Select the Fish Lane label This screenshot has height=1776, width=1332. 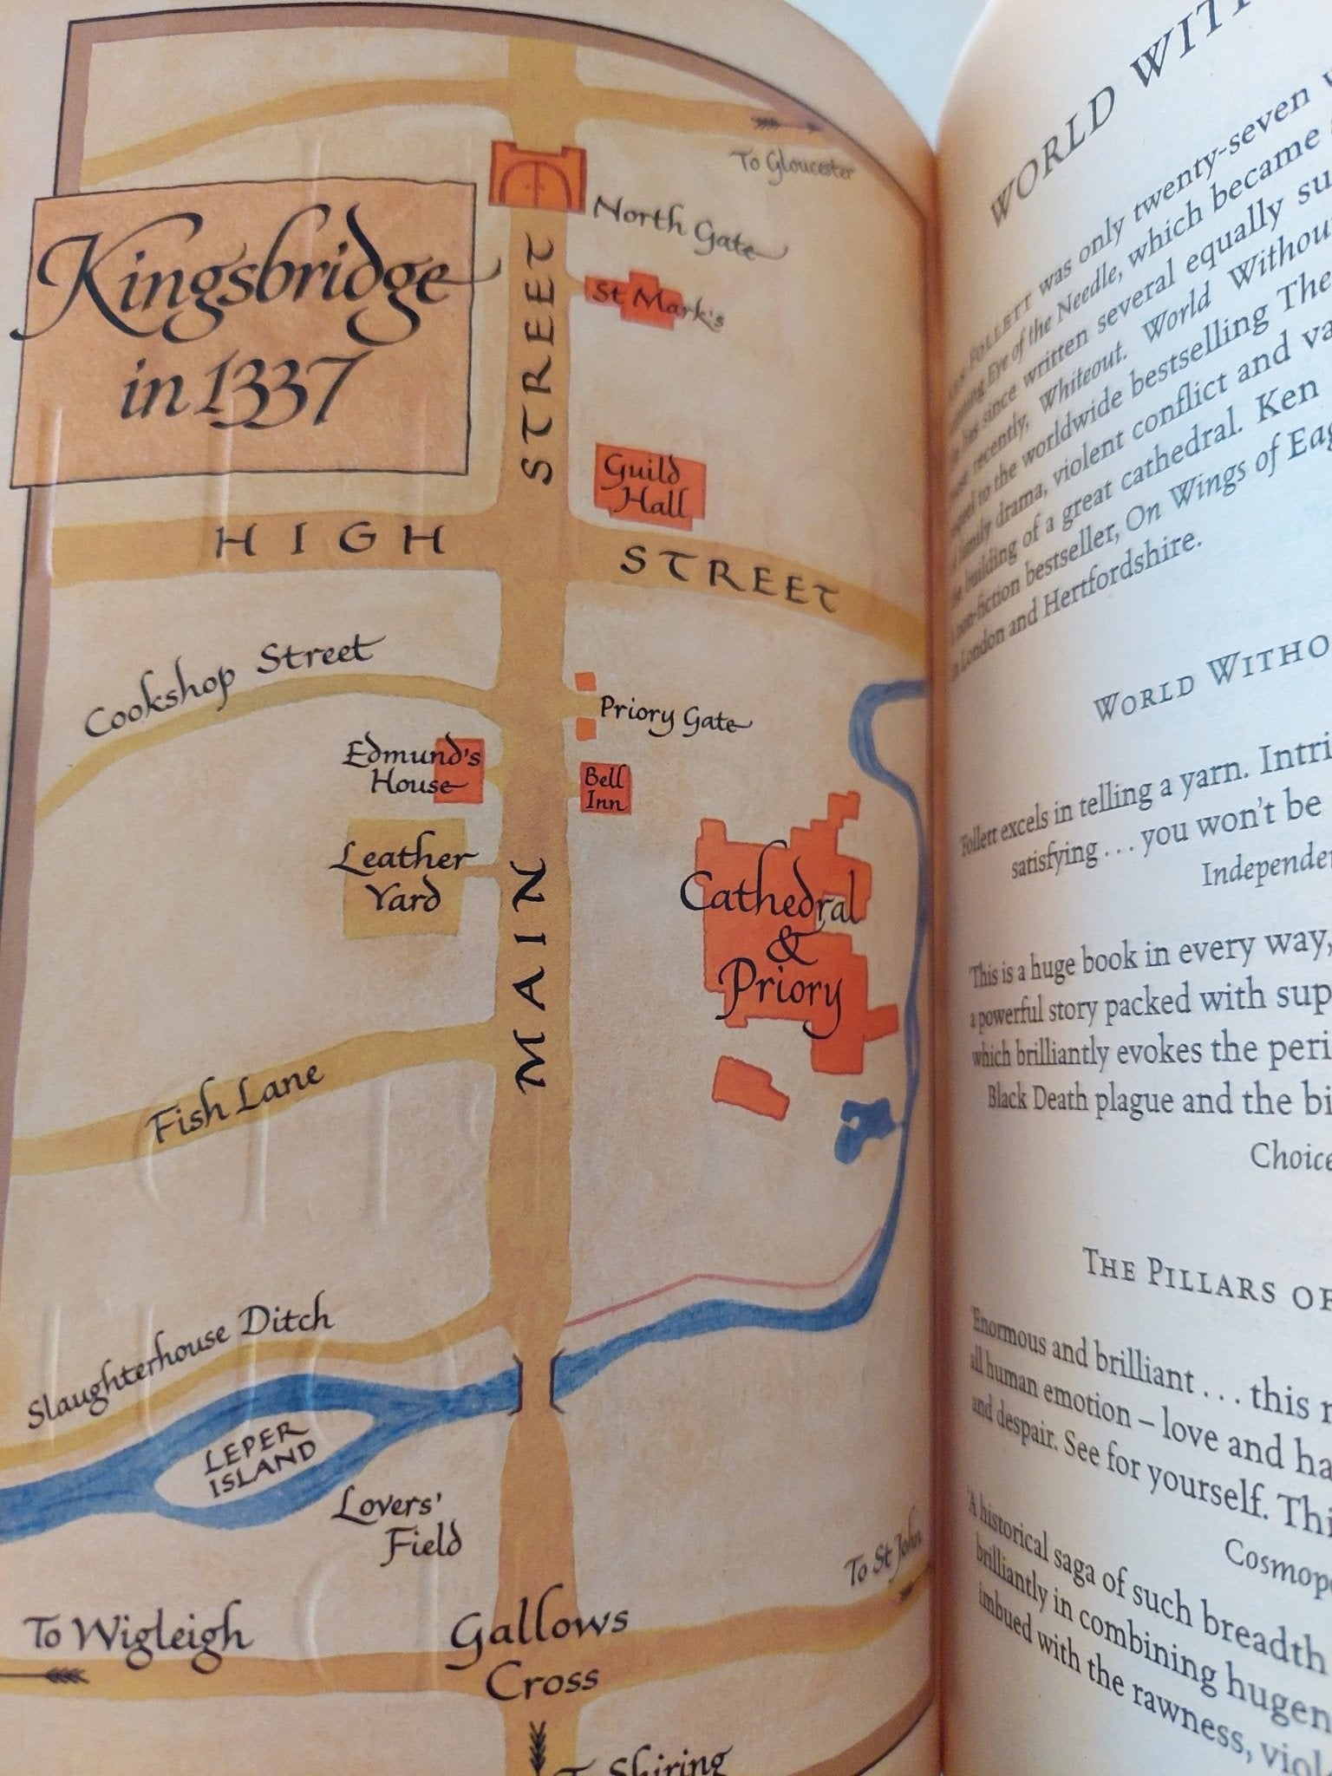pos(235,1105)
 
